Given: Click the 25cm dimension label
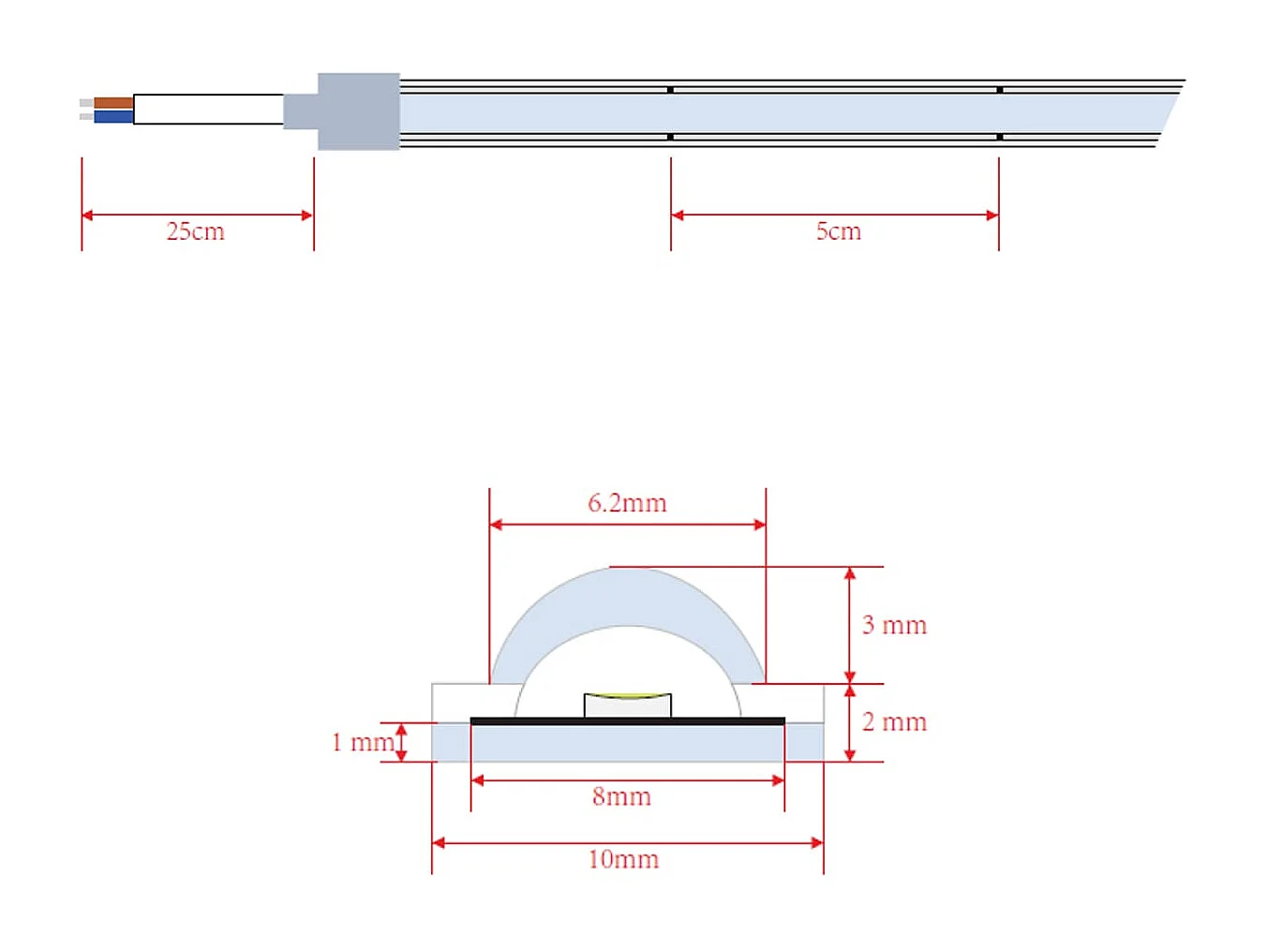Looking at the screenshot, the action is pyautogui.click(x=195, y=231).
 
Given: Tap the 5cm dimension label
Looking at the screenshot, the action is pyautogui.click(x=838, y=231).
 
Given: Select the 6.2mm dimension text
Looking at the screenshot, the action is pyautogui.click(x=627, y=503).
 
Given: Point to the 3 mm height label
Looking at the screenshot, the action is pyautogui.click(x=894, y=625).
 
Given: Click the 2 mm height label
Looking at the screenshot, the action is pyautogui.click(x=894, y=722).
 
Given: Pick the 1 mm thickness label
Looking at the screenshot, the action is pyautogui.click(x=363, y=742).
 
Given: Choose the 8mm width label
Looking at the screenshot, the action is pyautogui.click(x=621, y=796).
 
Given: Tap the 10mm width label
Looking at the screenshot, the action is pyautogui.click(x=623, y=859).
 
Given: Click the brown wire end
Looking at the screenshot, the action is pyautogui.click(x=113, y=103).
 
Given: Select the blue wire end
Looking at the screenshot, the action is pyautogui.click(x=113, y=116).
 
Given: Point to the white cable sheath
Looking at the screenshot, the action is pyautogui.click(x=208, y=109).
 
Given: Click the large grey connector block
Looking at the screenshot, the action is pyautogui.click(x=359, y=111).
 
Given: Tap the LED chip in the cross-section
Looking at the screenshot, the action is pyautogui.click(x=628, y=705).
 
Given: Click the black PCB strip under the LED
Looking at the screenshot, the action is pyautogui.click(x=628, y=721).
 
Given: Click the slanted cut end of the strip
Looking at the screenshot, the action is pyautogui.click(x=1170, y=113).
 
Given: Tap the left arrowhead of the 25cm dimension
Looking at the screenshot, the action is pyautogui.click(x=87, y=215).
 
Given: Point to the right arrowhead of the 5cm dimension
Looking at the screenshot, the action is pyautogui.click(x=992, y=215).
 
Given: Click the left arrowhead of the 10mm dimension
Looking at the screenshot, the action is pyautogui.click(x=439, y=843).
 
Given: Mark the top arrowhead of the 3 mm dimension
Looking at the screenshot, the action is pyautogui.click(x=850, y=573).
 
